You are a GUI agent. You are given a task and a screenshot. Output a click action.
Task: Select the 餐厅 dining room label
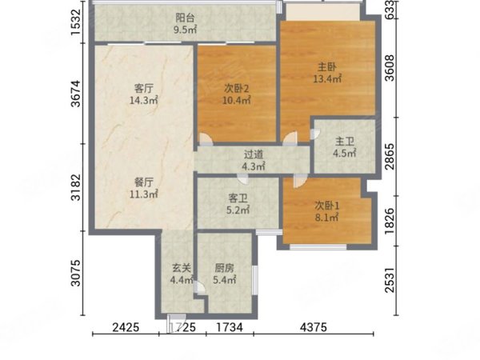(145, 180)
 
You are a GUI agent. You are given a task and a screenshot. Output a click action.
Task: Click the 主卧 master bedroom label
(327, 67)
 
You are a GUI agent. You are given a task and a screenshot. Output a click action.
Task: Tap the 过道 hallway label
(254, 154)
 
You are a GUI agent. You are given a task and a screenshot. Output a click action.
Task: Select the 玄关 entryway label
(180, 269)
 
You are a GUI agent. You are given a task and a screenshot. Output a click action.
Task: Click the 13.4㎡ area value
(327, 79)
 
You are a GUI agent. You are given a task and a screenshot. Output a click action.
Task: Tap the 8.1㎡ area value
(326, 218)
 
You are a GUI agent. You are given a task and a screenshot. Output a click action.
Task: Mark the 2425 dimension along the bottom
(125, 329)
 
